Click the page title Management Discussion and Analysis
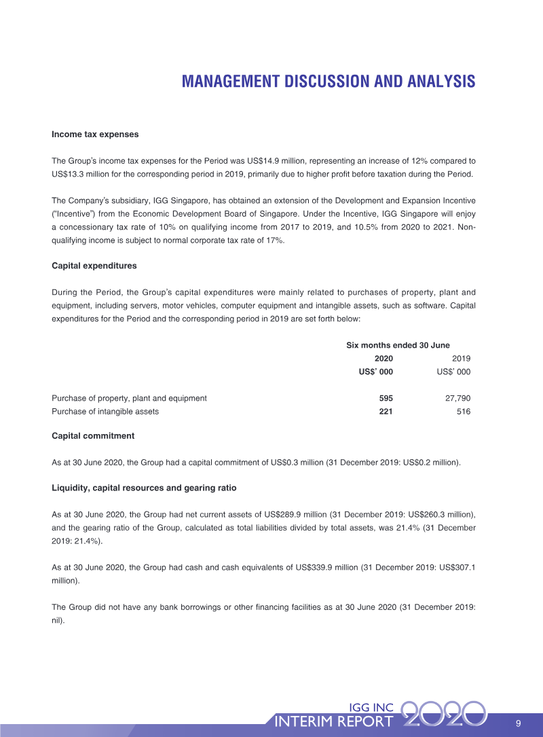pos(329,82)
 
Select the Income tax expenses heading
pos(95,134)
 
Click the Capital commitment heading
pos(93,435)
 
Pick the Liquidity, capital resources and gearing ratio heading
pos(144,488)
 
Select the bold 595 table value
pos(386,399)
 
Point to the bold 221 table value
pos(386,412)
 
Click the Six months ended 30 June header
pos(398,346)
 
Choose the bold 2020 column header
pos(383,359)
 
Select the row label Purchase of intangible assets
pos(105,412)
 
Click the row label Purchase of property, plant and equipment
pos(129,399)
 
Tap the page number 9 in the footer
pos(518,721)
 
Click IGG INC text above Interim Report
pos(371,707)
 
